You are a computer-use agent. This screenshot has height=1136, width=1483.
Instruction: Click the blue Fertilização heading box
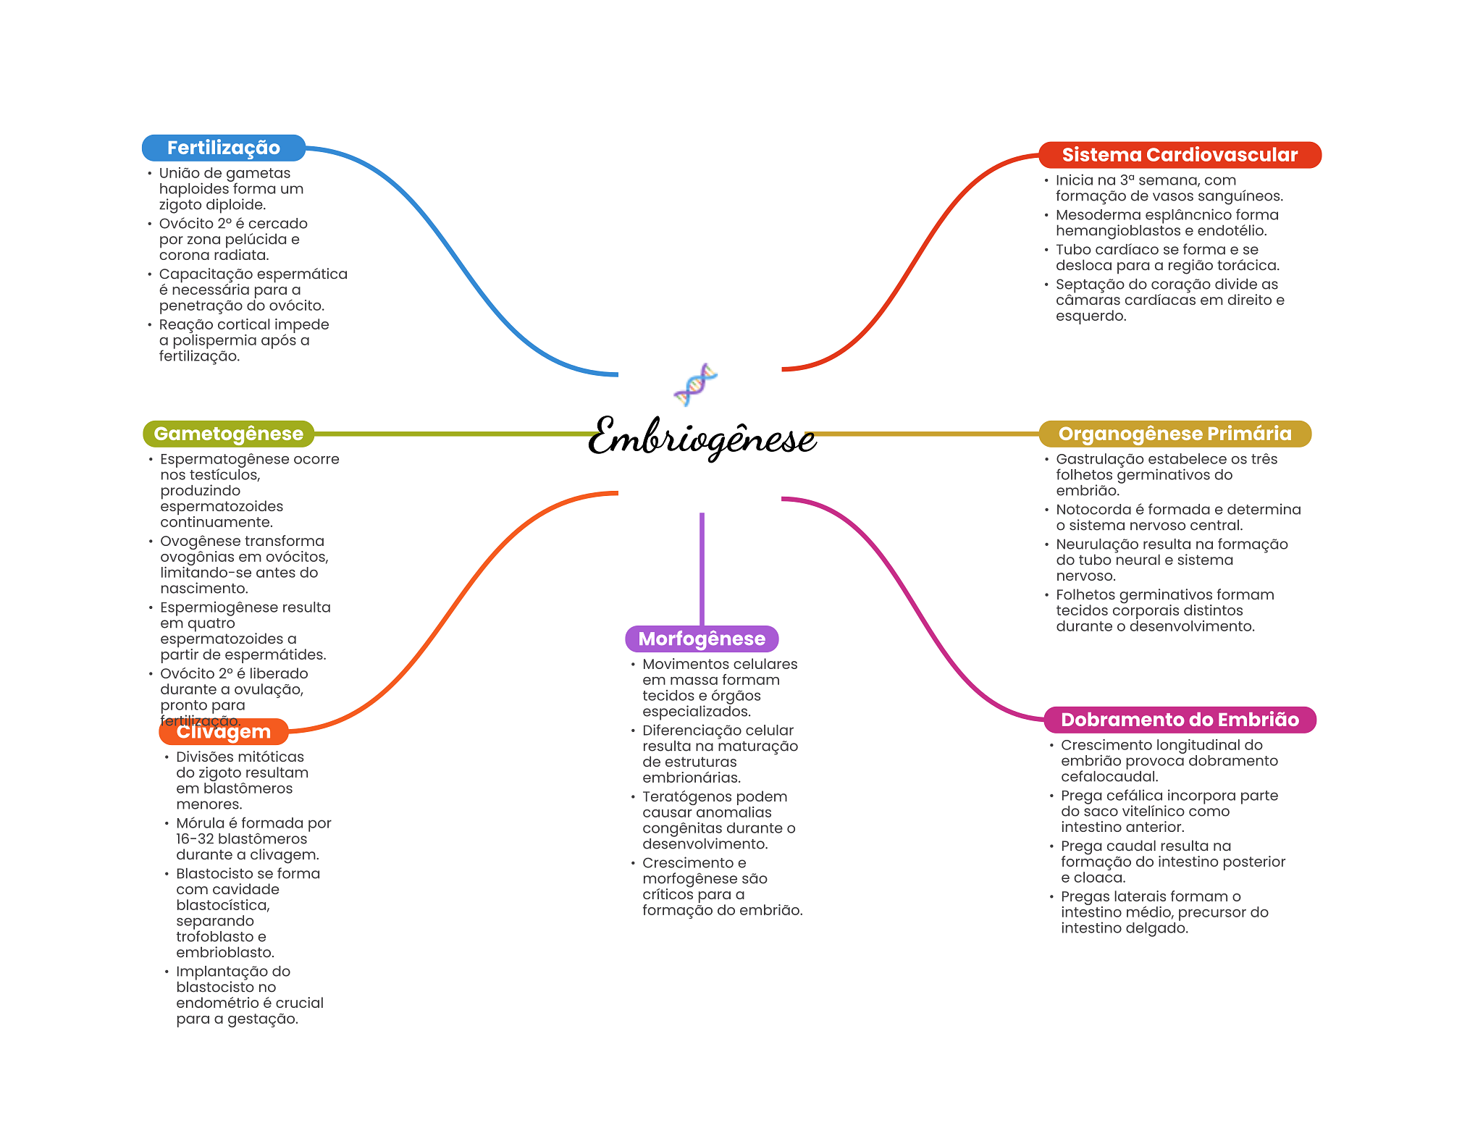223,148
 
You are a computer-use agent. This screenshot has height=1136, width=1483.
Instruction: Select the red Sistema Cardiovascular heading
1179,155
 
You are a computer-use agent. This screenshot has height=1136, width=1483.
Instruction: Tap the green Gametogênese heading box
228,434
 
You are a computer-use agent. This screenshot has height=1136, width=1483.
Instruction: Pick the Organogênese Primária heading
1175,434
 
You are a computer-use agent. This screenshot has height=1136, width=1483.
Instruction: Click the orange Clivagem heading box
223,732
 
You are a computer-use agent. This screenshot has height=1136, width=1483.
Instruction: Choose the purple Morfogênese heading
701,639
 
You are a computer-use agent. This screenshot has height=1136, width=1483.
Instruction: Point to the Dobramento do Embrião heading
1180,720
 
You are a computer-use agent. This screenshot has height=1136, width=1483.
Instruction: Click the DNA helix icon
695,384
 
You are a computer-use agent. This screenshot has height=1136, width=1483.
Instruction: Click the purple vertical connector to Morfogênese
702,568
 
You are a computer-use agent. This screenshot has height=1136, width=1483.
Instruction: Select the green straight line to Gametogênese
456,434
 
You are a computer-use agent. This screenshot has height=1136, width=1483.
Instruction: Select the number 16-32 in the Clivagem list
194,839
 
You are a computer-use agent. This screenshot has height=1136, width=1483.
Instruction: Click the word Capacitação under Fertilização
199,274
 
